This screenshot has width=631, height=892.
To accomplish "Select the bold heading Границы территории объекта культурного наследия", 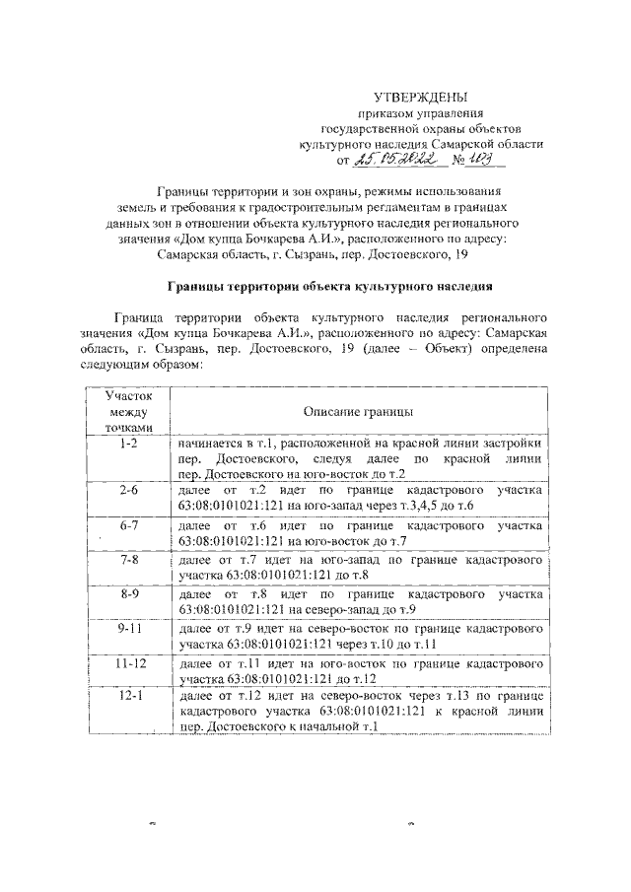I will pos(325,286).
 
